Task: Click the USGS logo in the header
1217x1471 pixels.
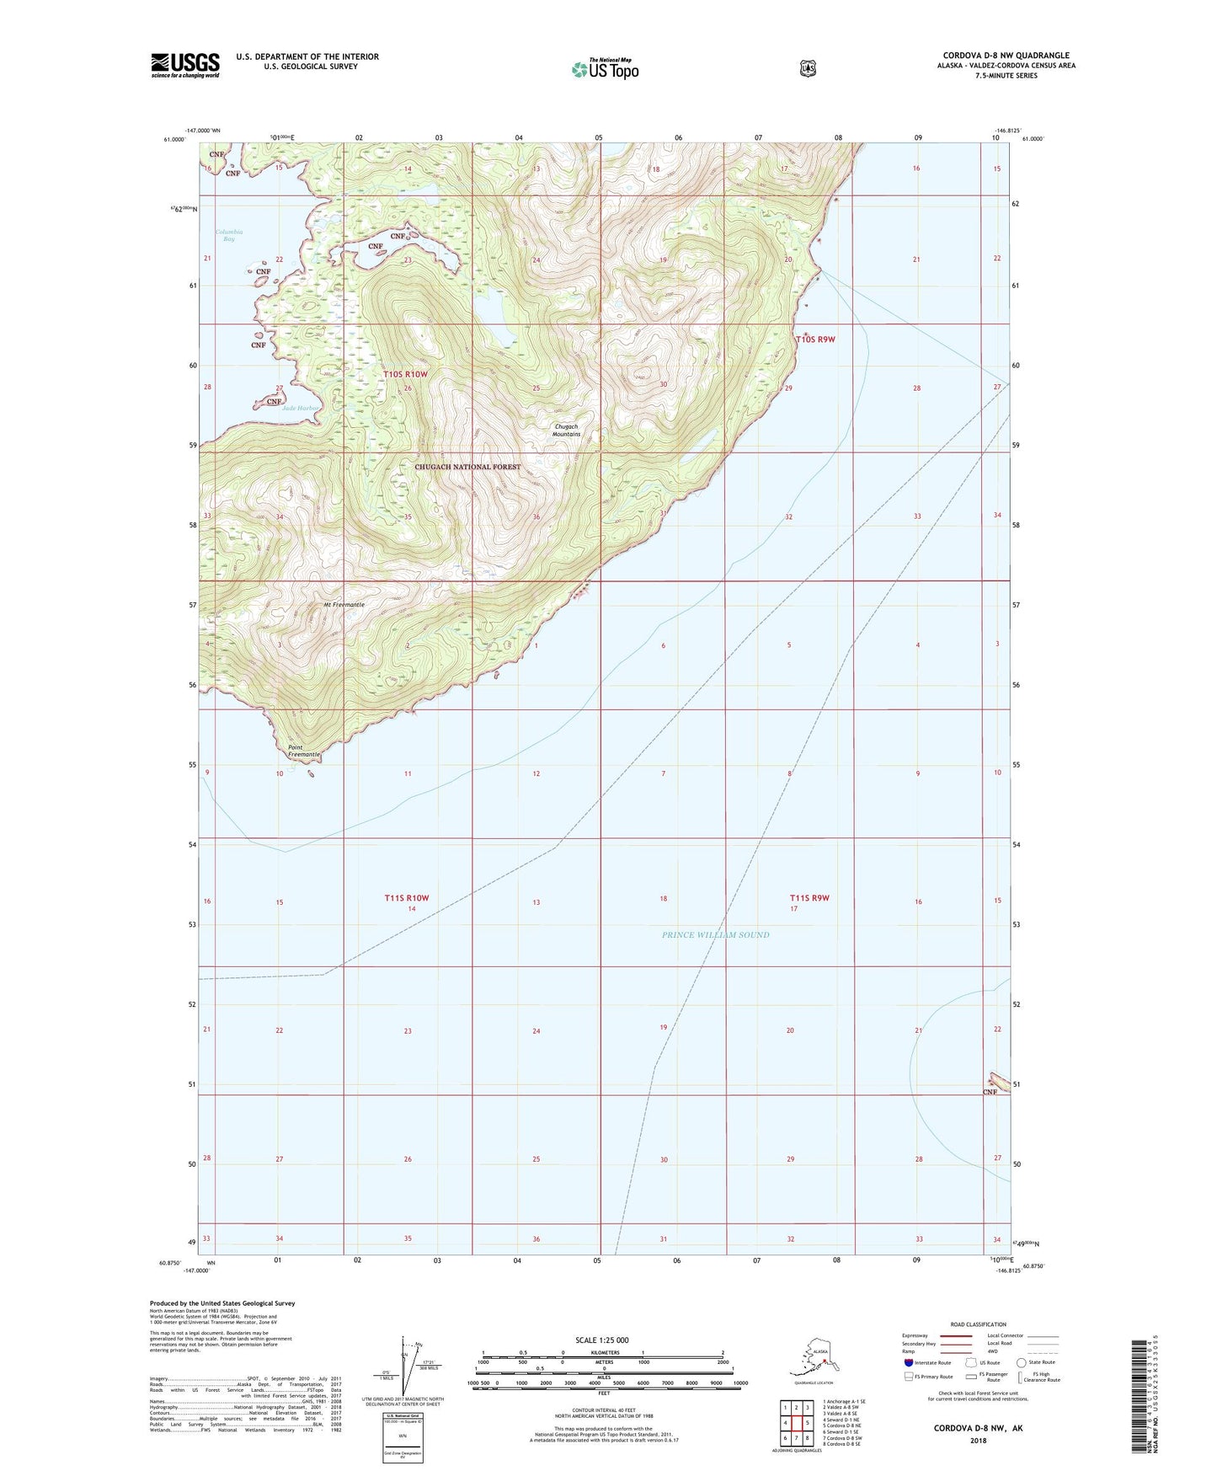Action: (x=185, y=65)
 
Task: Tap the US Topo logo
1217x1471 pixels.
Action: (x=605, y=69)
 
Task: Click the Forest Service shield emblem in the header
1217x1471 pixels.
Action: (x=808, y=68)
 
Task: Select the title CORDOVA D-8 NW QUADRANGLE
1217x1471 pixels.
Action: (x=1006, y=56)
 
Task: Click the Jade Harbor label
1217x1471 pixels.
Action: (x=302, y=409)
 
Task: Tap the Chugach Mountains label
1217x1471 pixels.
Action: (x=566, y=430)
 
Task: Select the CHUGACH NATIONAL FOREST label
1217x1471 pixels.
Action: (x=467, y=467)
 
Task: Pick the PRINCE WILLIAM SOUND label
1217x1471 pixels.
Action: (x=715, y=934)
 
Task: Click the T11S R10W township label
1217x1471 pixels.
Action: (x=407, y=898)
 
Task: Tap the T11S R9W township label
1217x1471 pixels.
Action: (x=809, y=898)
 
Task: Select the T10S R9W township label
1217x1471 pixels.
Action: (x=815, y=340)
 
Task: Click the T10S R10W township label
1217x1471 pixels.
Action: (x=405, y=374)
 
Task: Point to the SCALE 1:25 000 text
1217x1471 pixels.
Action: (x=601, y=1340)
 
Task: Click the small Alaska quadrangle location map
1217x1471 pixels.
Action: (x=813, y=1358)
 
